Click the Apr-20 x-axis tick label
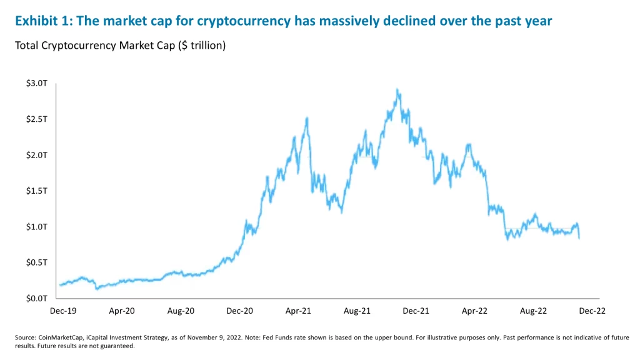pyautogui.click(x=121, y=310)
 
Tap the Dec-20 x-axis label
pyautogui.click(x=239, y=310)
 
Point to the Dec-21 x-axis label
pyautogui.click(x=415, y=310)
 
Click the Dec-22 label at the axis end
pyautogui.click(x=592, y=310)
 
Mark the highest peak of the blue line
pyautogui.click(x=397, y=90)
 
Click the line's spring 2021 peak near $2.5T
pyautogui.click(x=306, y=118)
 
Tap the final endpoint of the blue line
pyautogui.click(x=579, y=238)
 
